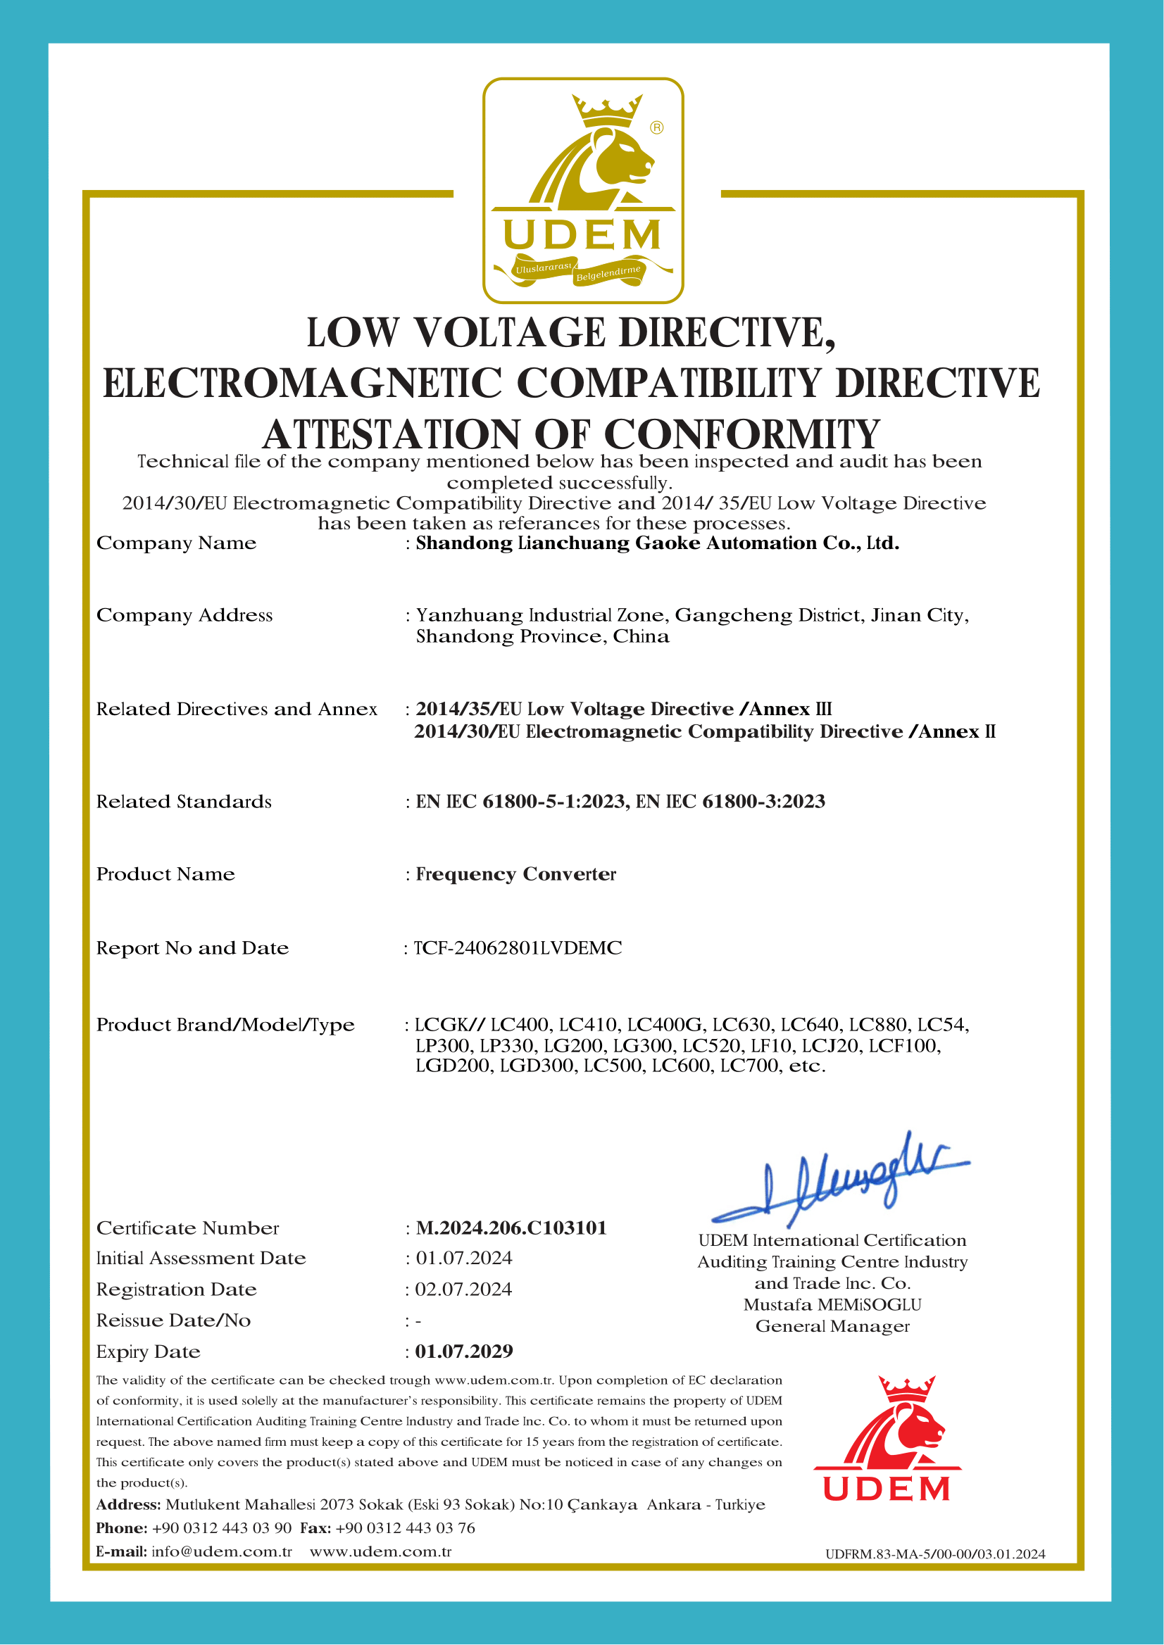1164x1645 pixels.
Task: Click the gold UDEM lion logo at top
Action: (583, 190)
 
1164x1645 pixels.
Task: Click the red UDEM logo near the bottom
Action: (887, 1439)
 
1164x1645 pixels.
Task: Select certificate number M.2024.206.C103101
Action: (511, 1228)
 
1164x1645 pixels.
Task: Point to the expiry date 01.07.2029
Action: (464, 1352)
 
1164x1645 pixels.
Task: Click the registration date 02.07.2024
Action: (464, 1290)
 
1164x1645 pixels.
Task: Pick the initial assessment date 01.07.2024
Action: (464, 1258)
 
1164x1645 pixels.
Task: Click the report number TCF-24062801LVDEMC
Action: (518, 948)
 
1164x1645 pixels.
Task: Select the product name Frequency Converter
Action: (516, 874)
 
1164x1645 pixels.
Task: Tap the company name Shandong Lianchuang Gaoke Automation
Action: (657, 543)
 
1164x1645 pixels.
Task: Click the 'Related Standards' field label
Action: (184, 802)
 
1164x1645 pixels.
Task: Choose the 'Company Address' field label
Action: (184, 615)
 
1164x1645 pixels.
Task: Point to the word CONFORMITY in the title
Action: (741, 434)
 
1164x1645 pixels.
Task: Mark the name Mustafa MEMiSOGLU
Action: (832, 1305)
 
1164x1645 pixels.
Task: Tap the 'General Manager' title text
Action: (832, 1326)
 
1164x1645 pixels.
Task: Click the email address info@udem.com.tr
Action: (222, 1552)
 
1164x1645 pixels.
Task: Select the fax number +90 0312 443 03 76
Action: (405, 1528)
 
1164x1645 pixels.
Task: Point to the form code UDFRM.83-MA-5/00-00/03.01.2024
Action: (934, 1554)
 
